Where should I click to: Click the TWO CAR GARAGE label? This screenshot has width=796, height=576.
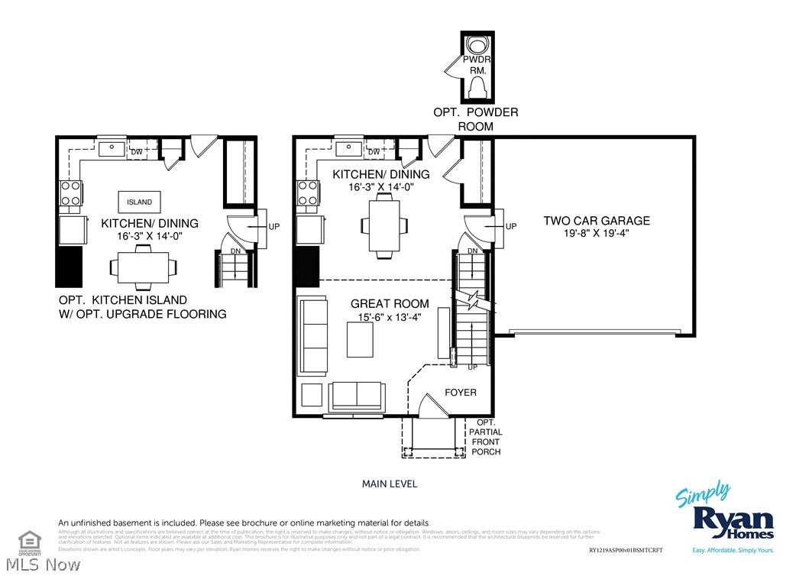(597, 221)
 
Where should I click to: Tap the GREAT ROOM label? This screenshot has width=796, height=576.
(390, 303)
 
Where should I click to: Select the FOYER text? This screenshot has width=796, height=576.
(461, 393)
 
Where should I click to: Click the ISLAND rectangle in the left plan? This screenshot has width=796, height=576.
(139, 202)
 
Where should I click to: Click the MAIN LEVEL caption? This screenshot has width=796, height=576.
(390, 484)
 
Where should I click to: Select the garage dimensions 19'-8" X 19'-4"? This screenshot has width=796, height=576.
(597, 233)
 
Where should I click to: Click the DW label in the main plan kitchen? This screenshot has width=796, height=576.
(374, 152)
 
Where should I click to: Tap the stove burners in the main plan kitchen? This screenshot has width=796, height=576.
(308, 193)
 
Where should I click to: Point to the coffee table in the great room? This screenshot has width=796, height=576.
(361, 340)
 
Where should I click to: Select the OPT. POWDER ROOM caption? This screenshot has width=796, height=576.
(476, 119)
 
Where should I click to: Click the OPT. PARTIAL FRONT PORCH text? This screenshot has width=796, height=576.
(487, 437)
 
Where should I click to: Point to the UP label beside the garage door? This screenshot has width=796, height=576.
(511, 226)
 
